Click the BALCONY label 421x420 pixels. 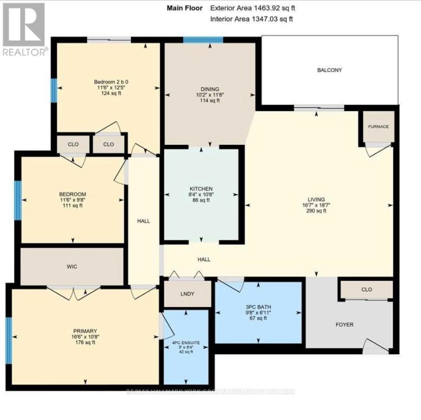click(329, 70)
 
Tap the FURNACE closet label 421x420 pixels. click(379, 127)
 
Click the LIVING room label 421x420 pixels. click(316, 199)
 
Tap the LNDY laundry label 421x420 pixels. click(188, 294)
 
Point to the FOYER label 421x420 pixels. click(345, 324)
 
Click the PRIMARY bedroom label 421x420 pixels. click(85, 331)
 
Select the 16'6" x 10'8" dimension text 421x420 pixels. click(85, 337)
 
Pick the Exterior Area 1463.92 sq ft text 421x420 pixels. click(252, 8)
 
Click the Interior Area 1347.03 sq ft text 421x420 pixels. click(252, 19)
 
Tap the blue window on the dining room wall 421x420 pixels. click(203, 40)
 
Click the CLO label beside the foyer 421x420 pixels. click(367, 289)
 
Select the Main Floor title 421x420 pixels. click(185, 8)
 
